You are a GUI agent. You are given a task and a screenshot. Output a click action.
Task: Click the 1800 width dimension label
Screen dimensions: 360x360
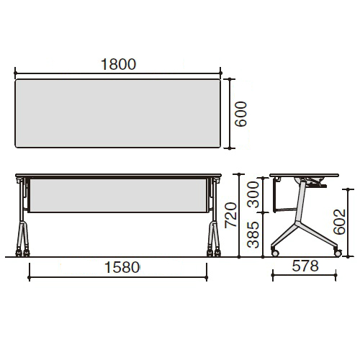(118, 64)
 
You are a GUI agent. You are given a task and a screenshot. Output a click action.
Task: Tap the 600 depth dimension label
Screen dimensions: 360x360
(240, 114)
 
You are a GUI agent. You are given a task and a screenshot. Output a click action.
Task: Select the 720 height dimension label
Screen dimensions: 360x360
(230, 215)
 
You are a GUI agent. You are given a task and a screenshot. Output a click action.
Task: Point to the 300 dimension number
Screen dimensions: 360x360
(253, 194)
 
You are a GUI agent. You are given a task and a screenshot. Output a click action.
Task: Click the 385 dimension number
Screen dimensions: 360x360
(253, 235)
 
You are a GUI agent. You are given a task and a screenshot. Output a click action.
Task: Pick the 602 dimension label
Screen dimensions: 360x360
(339, 222)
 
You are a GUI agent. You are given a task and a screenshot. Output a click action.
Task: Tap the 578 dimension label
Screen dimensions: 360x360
(305, 266)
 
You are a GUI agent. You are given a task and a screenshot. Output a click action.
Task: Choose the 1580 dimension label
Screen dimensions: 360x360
(122, 267)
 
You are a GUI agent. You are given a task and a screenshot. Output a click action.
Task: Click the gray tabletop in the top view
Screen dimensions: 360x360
(118, 113)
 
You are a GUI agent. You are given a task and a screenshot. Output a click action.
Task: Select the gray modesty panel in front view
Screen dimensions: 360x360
(118, 195)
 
